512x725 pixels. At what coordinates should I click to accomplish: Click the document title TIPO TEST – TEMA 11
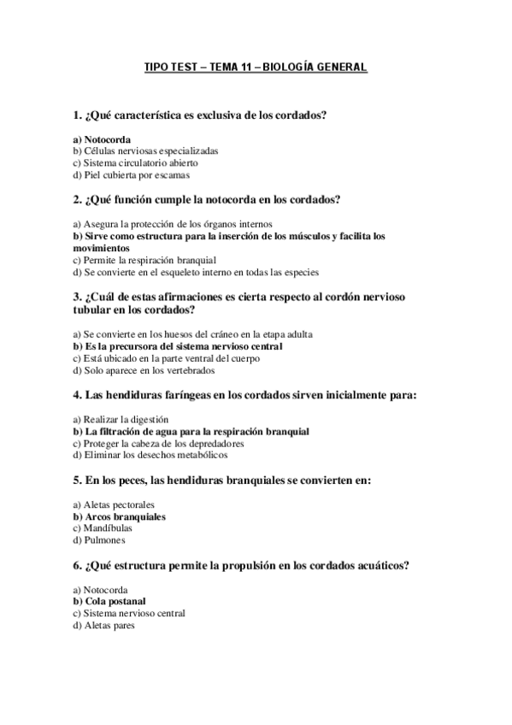256,66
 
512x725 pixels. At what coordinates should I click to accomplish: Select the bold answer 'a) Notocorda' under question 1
102,139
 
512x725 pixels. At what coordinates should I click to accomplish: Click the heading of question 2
207,200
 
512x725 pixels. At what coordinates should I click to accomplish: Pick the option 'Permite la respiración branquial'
145,260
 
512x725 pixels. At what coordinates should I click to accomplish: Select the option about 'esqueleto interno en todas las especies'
196,273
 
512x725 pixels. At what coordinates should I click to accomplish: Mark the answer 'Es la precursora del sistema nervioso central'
178,346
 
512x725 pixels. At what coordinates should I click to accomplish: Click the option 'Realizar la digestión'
121,420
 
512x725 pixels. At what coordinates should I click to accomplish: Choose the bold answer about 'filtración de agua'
191,432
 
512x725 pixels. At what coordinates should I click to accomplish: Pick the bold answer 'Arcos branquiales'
119,517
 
